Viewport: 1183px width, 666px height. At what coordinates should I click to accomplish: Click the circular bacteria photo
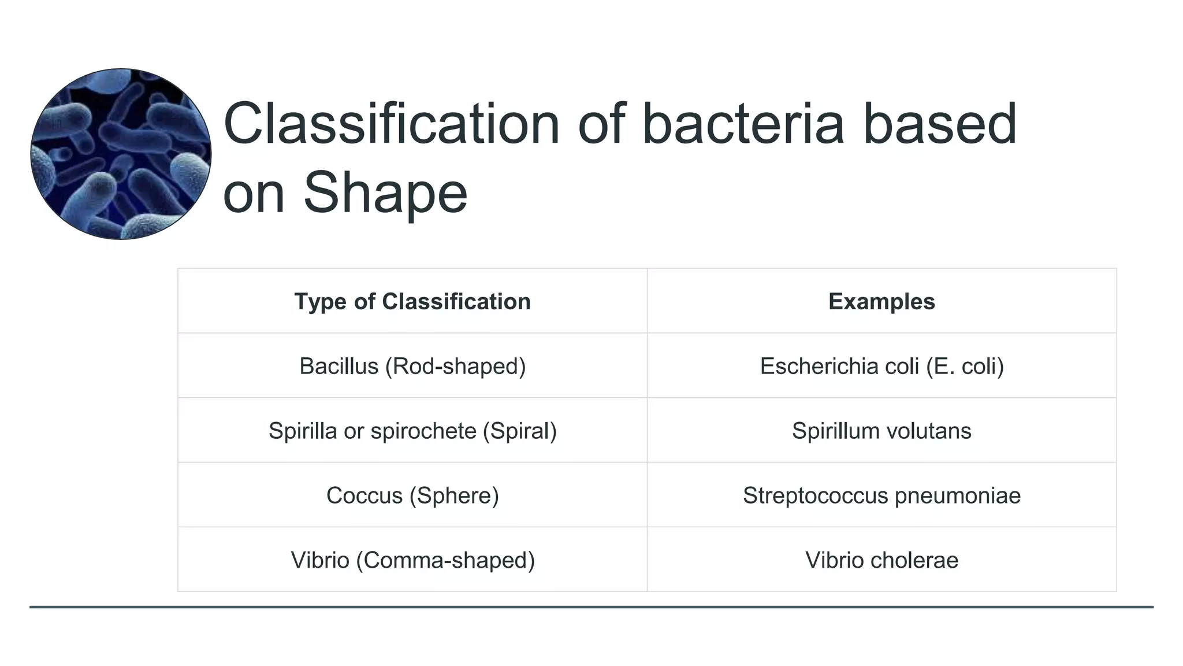click(121, 154)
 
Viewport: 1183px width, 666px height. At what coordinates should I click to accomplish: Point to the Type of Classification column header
click(412, 302)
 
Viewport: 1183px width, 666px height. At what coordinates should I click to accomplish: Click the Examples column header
click(881, 302)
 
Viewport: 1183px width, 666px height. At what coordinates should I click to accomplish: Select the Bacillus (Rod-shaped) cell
click(412, 366)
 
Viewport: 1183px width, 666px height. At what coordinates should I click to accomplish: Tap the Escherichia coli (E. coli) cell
click(881, 366)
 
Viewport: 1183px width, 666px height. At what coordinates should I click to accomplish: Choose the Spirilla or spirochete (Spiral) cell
click(412, 431)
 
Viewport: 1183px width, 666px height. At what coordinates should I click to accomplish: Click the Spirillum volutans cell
click(881, 431)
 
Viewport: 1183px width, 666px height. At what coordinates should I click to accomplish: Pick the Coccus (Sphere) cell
click(412, 495)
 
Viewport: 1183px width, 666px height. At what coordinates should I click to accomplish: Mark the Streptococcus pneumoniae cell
click(881, 495)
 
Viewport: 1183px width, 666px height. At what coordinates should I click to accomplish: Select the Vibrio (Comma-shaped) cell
click(412, 560)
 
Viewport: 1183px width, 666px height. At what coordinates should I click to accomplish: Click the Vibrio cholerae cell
click(881, 560)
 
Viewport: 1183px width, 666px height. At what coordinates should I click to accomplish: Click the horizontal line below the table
click(591, 607)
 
